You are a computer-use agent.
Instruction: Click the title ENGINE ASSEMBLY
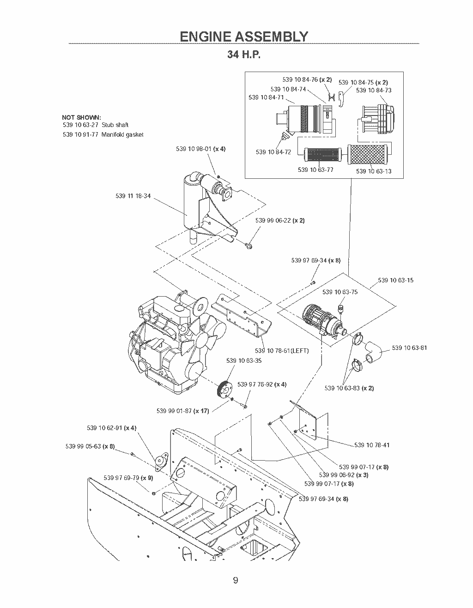(243, 36)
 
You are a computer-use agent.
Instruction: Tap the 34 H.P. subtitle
(243, 55)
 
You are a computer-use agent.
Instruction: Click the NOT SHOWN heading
(81, 117)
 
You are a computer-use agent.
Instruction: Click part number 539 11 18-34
(133, 196)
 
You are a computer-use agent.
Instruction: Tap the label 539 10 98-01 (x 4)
(200, 149)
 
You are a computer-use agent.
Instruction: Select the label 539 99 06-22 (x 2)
(280, 220)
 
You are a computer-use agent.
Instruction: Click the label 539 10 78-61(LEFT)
(282, 351)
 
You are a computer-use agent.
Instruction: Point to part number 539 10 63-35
(243, 361)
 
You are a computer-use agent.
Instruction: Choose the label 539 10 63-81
(409, 348)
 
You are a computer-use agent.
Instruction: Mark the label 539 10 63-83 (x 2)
(349, 388)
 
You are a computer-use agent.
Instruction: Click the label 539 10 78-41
(372, 445)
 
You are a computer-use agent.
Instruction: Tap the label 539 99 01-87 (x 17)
(182, 411)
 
